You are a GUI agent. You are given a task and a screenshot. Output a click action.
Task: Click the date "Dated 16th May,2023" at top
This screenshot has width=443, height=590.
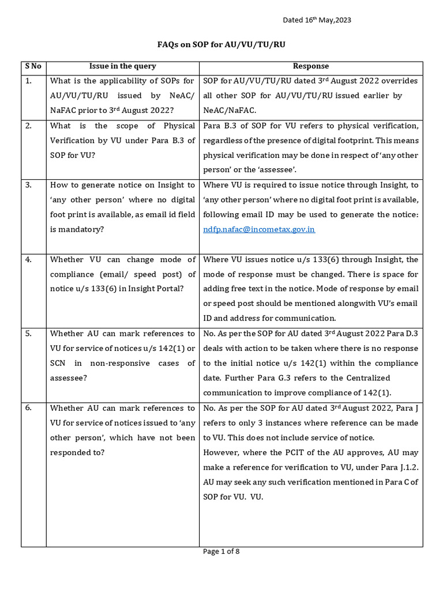pyautogui.click(x=317, y=20)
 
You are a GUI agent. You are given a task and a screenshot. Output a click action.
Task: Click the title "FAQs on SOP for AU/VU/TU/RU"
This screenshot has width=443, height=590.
pyautogui.click(x=221, y=45)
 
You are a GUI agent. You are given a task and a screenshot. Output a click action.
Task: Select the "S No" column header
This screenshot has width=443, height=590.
pyautogui.click(x=33, y=66)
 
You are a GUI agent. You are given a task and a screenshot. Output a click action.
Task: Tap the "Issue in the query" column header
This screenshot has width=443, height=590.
pyautogui.click(x=122, y=66)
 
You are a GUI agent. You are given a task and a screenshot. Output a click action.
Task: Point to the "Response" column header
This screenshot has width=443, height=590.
pyautogui.click(x=311, y=66)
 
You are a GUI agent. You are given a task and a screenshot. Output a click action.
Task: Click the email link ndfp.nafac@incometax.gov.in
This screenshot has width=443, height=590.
pyautogui.click(x=259, y=229)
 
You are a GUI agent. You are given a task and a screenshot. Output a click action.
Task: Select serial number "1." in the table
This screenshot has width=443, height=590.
pyautogui.click(x=29, y=81)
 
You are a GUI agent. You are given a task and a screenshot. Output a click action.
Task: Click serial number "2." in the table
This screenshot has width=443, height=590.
pyautogui.click(x=29, y=126)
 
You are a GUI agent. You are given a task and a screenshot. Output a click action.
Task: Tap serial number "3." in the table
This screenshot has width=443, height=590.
pyautogui.click(x=29, y=185)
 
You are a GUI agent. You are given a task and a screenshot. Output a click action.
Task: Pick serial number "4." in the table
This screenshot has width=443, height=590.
pyautogui.click(x=29, y=260)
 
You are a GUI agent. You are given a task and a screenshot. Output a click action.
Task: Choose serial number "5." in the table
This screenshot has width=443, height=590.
pyautogui.click(x=29, y=334)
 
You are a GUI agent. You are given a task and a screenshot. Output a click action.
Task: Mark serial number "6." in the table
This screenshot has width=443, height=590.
pyautogui.click(x=29, y=408)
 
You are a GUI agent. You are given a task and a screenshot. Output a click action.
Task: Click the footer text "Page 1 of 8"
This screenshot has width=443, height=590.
pyautogui.click(x=221, y=551)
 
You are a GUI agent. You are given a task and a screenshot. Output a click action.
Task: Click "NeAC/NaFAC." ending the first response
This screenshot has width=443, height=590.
pyautogui.click(x=229, y=110)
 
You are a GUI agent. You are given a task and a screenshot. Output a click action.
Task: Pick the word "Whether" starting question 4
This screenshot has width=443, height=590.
pyautogui.click(x=66, y=260)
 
